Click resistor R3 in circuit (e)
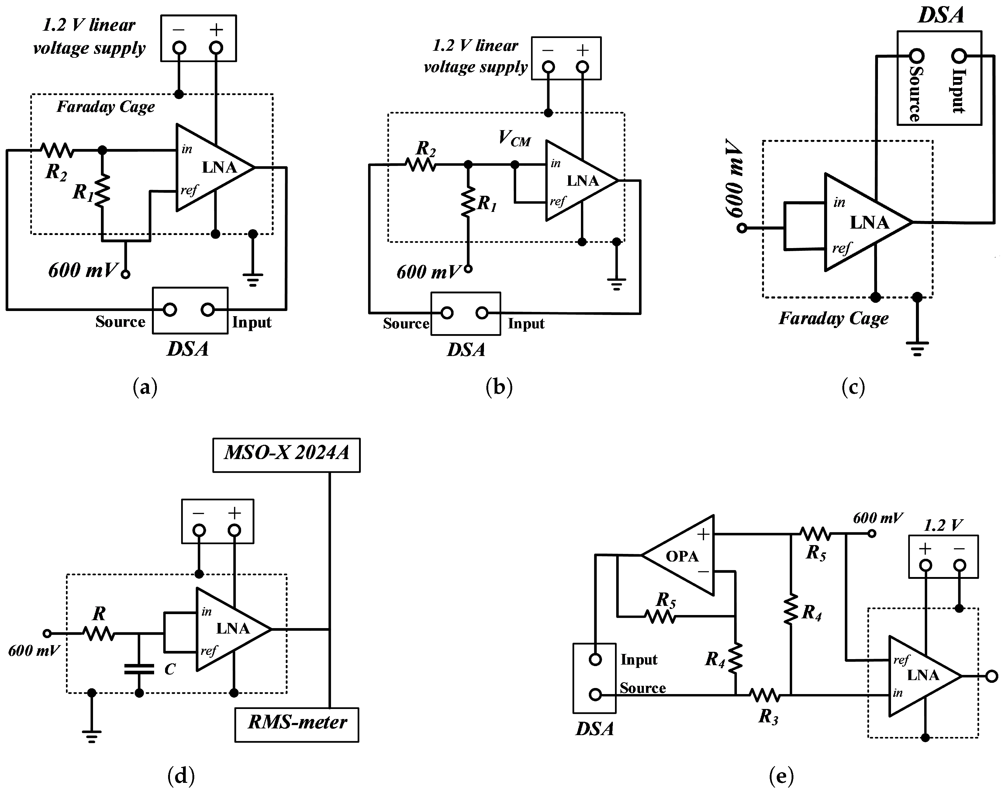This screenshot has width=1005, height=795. [765, 695]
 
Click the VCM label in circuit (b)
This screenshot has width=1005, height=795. [514, 138]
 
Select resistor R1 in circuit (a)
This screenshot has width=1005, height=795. [102, 190]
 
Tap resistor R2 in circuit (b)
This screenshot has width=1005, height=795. [420, 164]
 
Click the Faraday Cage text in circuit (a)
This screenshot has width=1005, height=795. [106, 107]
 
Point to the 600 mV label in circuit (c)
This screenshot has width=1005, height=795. [734, 178]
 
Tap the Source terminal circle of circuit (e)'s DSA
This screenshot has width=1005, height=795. [595, 694]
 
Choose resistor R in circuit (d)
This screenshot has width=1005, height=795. [98, 634]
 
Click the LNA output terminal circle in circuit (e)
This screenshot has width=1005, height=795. [992, 676]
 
